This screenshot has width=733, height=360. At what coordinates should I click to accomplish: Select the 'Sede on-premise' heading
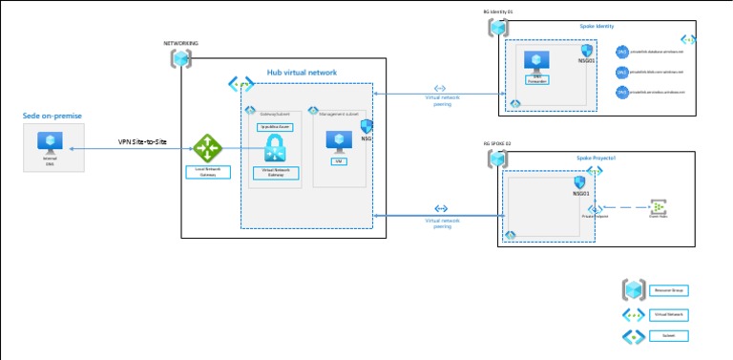(52, 116)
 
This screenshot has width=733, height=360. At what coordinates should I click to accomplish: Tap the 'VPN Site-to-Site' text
(142, 141)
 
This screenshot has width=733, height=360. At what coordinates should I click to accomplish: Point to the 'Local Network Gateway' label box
(207, 172)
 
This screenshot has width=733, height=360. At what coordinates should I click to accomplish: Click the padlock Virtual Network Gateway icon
(275, 148)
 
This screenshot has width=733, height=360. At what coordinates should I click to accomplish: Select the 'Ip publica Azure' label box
(275, 126)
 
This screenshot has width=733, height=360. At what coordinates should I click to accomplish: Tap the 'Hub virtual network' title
(302, 73)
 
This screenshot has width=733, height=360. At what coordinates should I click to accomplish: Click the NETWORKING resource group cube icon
(180, 58)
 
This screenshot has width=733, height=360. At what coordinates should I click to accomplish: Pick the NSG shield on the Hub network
(366, 128)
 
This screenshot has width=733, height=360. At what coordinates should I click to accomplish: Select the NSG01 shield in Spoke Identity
(587, 51)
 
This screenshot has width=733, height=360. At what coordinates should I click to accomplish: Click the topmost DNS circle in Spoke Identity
(621, 53)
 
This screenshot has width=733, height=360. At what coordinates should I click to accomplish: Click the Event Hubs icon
(658, 205)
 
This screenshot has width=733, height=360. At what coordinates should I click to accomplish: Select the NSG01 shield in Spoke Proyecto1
(580, 181)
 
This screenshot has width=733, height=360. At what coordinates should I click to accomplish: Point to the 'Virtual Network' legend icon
(634, 313)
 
